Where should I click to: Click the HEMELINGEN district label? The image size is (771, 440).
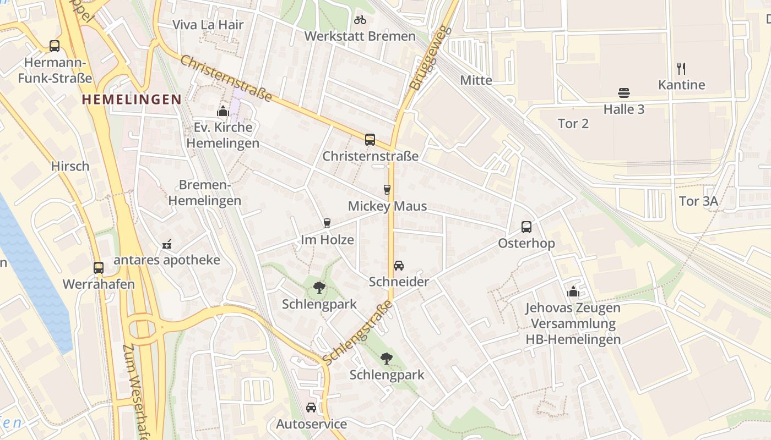click(131, 100)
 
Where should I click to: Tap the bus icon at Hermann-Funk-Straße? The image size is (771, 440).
click(55, 46)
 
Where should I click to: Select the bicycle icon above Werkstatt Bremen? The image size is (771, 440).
click(360, 20)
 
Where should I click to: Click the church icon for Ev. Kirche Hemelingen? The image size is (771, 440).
click(222, 111)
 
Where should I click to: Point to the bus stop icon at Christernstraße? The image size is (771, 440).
click(370, 140)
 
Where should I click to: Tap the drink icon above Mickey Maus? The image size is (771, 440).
click(387, 190)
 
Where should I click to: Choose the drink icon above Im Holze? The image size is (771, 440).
click(327, 223)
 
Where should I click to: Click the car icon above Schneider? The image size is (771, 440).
click(399, 266)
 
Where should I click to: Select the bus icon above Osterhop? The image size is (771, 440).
click(526, 227)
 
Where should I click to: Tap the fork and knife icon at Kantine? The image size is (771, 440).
click(681, 69)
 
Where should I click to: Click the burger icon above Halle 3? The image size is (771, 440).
click(624, 93)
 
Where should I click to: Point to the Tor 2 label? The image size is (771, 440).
click(573, 124)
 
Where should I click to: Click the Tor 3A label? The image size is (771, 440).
click(698, 201)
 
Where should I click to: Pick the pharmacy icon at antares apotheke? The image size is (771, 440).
click(167, 244)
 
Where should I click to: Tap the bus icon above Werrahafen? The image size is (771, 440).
click(99, 268)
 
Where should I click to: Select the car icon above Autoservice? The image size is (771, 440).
click(311, 408)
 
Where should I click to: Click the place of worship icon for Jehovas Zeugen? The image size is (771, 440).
click(573, 291)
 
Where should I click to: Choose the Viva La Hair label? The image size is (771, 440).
click(208, 25)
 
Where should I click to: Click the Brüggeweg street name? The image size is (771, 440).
click(423, 58)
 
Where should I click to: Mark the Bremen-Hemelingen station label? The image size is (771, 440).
click(204, 193)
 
